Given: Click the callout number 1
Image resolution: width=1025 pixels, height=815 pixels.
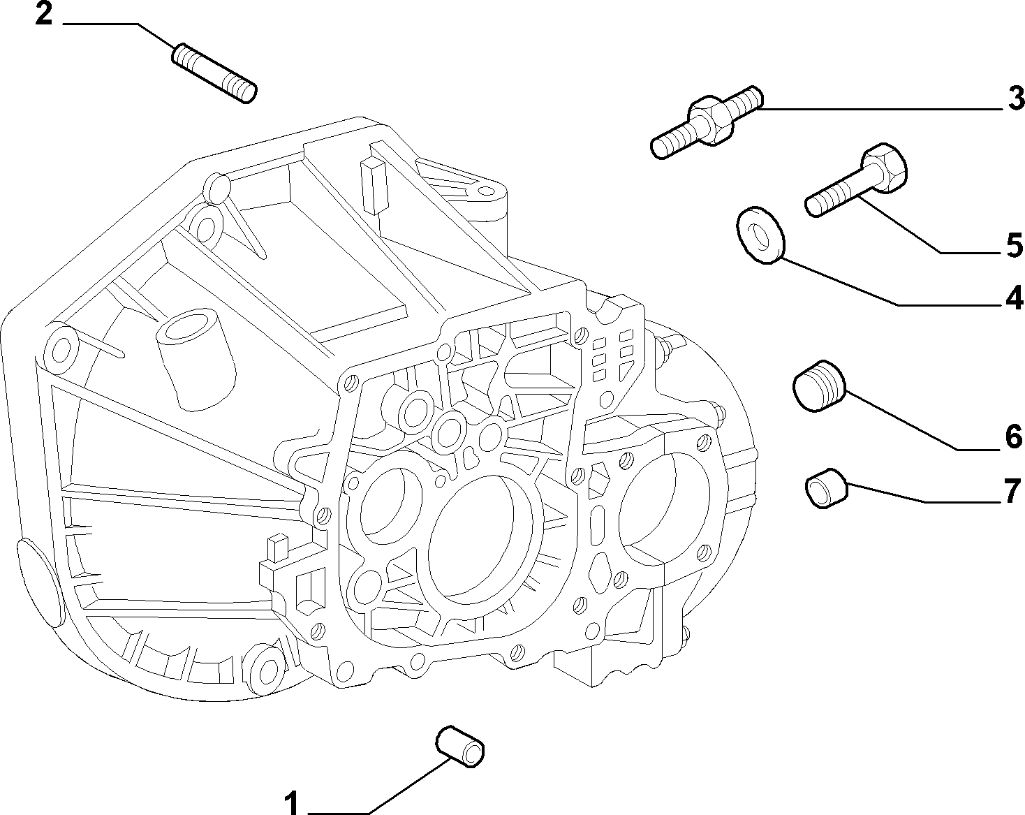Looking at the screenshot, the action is [x=291, y=802].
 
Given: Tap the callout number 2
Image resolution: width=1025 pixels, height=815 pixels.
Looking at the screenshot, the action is [x=44, y=14].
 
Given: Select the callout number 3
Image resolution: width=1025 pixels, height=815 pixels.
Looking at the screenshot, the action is [x=1016, y=98].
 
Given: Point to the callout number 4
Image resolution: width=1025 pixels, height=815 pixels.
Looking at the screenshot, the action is [x=1014, y=298].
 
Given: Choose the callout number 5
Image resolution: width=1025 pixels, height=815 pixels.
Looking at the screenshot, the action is [x=1015, y=245].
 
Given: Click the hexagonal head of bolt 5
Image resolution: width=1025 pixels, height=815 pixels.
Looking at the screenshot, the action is [x=885, y=168].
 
